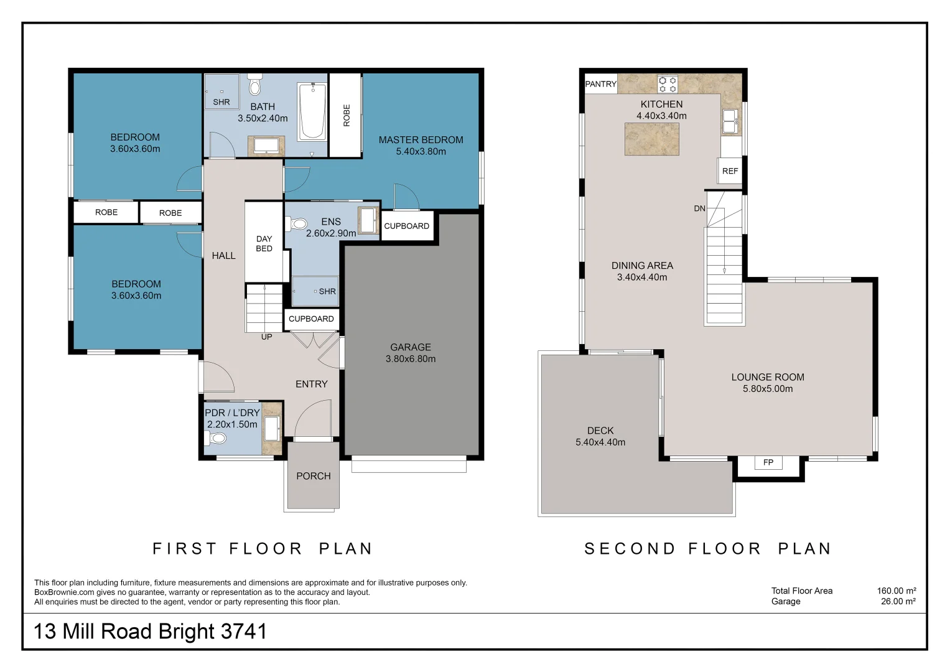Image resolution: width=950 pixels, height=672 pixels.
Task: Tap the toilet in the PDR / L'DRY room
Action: [x=216, y=438]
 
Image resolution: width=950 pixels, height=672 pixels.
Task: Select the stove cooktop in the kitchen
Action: [x=668, y=83]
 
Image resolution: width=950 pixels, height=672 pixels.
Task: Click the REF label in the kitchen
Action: [x=730, y=171]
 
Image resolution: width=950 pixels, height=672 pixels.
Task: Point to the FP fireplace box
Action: [x=768, y=462]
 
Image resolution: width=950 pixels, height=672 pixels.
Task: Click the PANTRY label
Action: [x=600, y=84]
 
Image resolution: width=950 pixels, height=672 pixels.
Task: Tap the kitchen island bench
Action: [x=651, y=139]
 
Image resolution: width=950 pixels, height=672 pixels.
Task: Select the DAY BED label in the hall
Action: [x=264, y=243]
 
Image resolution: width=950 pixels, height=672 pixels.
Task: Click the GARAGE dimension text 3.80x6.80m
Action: [x=411, y=359]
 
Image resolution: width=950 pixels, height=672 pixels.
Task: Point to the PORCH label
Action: [x=313, y=476]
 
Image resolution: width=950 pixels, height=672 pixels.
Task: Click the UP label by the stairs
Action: [x=266, y=337]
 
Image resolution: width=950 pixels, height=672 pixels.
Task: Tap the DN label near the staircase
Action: [x=699, y=208]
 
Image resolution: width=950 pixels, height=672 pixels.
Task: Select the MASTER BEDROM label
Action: [x=421, y=140]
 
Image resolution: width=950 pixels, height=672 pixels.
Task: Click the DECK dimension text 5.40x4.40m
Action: [x=600, y=442]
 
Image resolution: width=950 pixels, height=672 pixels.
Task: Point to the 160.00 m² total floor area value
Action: [x=896, y=590]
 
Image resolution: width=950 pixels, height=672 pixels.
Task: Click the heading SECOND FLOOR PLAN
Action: [x=707, y=549]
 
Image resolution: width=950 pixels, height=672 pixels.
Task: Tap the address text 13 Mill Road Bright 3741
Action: [x=151, y=632]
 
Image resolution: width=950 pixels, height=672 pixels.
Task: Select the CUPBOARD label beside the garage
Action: [x=406, y=226]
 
